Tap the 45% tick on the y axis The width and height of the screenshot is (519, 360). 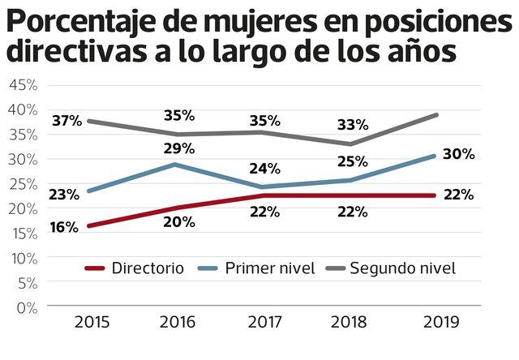click(22, 84)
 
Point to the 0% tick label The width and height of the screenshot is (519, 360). click(26, 307)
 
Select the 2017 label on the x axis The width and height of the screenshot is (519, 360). click(265, 322)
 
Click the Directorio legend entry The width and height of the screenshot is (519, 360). click(148, 268)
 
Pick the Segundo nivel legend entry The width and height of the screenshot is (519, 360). click(402, 268)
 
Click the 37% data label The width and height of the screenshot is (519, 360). click(66, 122)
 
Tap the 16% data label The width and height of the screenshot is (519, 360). click(63, 228)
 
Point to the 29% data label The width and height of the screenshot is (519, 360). click(178, 148)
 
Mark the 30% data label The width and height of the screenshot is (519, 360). click(458, 154)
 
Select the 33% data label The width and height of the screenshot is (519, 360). click(353, 125)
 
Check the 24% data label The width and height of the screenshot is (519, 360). click(264, 169)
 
